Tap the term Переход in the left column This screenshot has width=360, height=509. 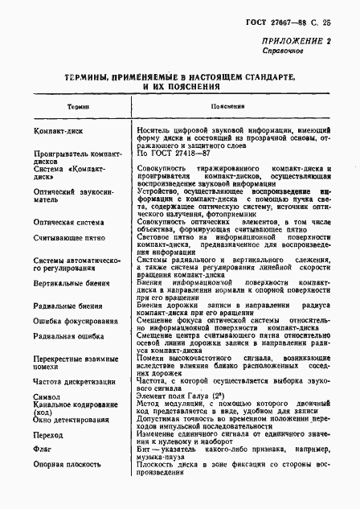49,435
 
